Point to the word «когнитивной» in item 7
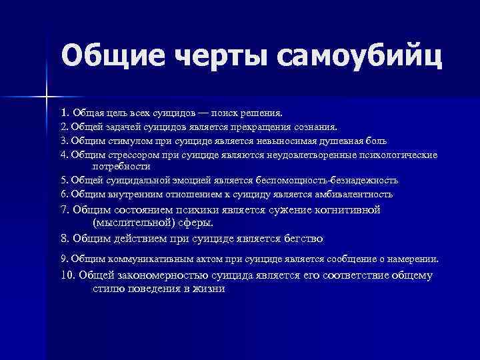(345, 209)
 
